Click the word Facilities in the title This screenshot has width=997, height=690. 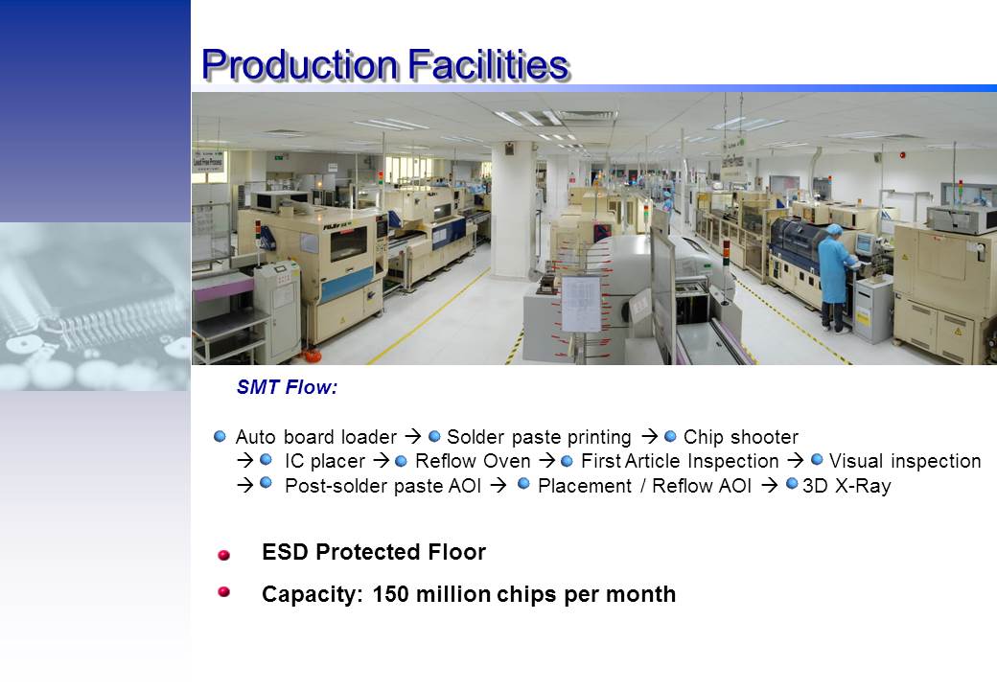(x=488, y=65)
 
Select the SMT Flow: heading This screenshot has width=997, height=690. (x=287, y=387)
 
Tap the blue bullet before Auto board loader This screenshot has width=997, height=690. (x=220, y=436)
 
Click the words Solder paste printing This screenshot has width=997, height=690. (x=539, y=437)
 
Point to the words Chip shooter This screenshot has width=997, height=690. (x=741, y=437)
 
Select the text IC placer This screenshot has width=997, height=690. (x=325, y=461)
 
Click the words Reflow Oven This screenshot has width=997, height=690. (x=473, y=461)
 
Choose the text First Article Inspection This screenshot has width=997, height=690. (x=680, y=461)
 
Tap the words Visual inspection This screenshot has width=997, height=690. (x=905, y=461)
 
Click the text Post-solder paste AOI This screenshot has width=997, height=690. (x=383, y=486)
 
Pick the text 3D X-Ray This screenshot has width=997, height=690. (x=846, y=486)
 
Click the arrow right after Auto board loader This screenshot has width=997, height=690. (x=412, y=436)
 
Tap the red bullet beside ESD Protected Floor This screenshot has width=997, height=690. (x=223, y=555)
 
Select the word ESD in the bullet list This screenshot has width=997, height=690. (x=286, y=552)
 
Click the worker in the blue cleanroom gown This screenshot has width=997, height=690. (x=835, y=278)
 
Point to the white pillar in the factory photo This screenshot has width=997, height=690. (x=514, y=210)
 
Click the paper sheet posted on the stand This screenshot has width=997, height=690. (x=581, y=304)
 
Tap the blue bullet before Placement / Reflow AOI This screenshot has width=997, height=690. (x=524, y=484)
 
